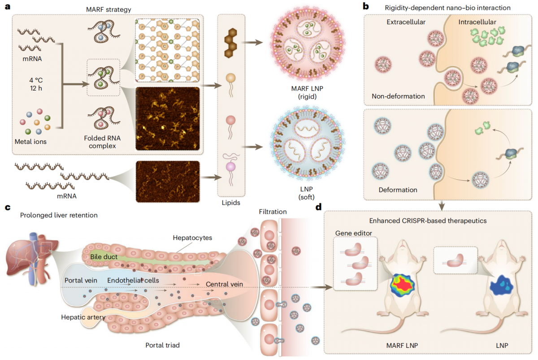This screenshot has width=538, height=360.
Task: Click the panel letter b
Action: point(365,7)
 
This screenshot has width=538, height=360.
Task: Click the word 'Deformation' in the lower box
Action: point(397,190)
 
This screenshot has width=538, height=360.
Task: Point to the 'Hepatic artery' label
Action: point(83,317)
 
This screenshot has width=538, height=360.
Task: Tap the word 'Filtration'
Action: point(273,212)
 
